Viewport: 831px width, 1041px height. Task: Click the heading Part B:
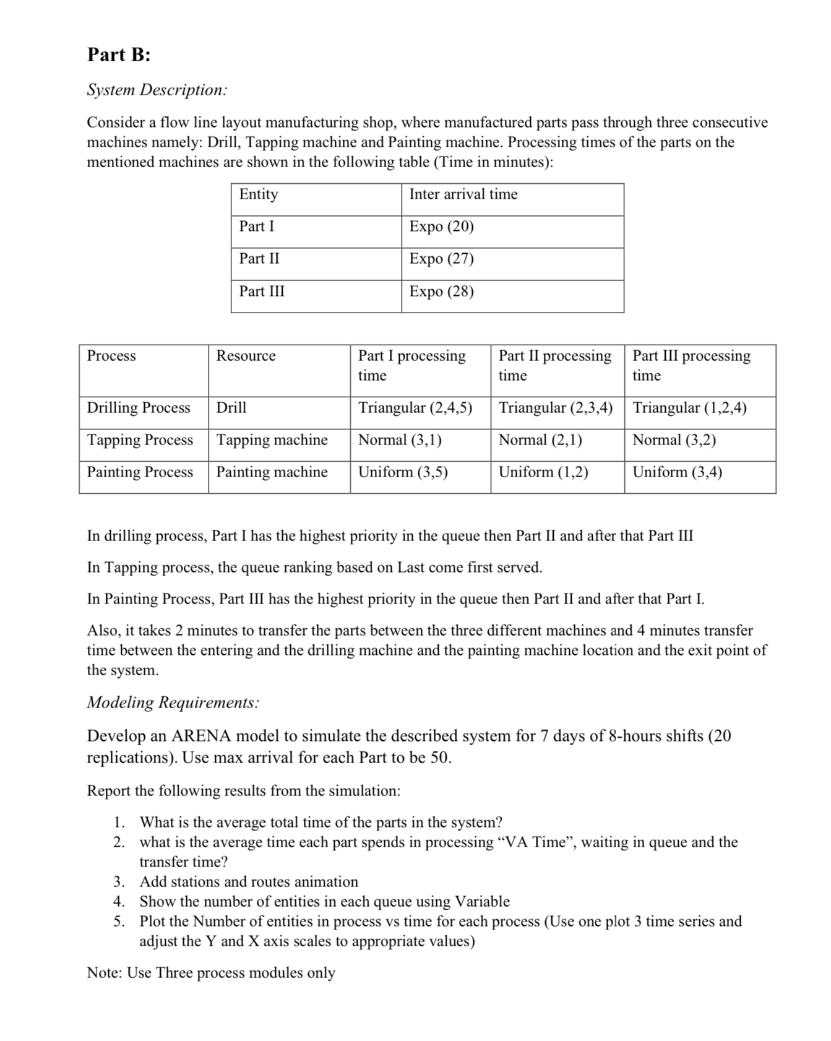(x=119, y=55)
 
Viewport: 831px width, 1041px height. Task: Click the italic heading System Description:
(x=157, y=90)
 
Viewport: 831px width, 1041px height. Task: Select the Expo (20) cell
(x=441, y=227)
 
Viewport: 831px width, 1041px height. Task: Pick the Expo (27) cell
(x=441, y=259)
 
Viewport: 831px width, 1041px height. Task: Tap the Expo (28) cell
(x=441, y=292)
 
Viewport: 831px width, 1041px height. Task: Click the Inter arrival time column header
(x=463, y=194)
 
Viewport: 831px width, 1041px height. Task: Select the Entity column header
(x=259, y=194)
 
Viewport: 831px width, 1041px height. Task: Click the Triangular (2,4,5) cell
(x=415, y=408)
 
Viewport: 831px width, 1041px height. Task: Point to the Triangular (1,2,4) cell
(x=689, y=408)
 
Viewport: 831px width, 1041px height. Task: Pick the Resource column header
(x=246, y=356)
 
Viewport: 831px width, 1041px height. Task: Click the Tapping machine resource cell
(x=272, y=440)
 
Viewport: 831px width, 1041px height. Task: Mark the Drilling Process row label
(x=139, y=408)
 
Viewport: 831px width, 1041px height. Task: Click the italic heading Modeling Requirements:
(x=173, y=702)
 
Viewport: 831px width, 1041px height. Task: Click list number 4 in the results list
(x=119, y=902)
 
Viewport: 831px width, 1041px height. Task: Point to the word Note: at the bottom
(x=105, y=973)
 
